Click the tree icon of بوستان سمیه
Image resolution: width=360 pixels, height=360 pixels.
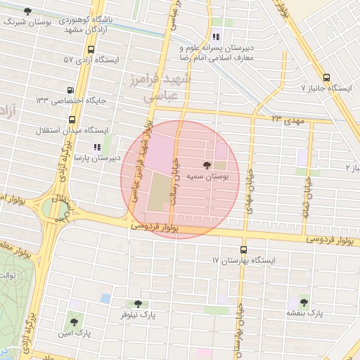206,165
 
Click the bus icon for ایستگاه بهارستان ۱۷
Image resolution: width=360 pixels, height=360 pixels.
244,250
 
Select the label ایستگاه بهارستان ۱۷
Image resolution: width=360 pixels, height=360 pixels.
244,260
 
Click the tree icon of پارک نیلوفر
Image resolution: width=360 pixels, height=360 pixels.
138,304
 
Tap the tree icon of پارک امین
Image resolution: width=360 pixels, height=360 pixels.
74,322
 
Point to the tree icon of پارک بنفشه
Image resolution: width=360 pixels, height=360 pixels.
304,302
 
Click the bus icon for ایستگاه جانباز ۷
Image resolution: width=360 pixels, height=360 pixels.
326,78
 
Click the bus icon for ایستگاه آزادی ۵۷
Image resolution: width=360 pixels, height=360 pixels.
91,49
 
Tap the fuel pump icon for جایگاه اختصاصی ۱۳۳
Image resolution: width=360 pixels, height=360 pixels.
70,90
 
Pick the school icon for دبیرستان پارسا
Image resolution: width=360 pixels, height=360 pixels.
96,147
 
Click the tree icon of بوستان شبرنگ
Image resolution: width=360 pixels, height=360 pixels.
27,12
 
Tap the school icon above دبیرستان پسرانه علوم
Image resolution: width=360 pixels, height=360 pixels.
216,36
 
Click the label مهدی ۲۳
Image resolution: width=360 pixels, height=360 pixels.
286,120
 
